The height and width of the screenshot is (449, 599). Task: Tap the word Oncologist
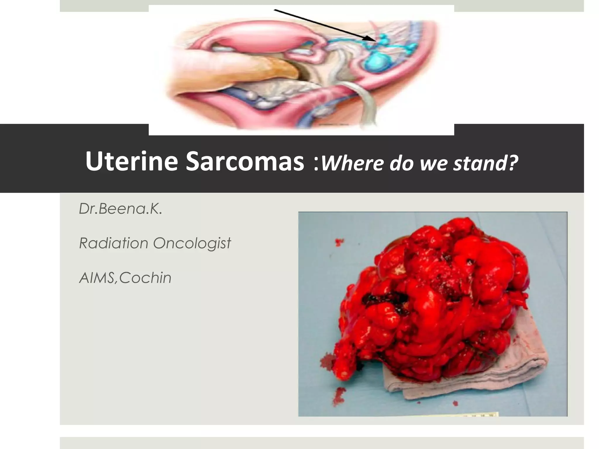pyautogui.click(x=192, y=244)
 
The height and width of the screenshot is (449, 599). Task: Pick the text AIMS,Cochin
pyautogui.click(x=125, y=278)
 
